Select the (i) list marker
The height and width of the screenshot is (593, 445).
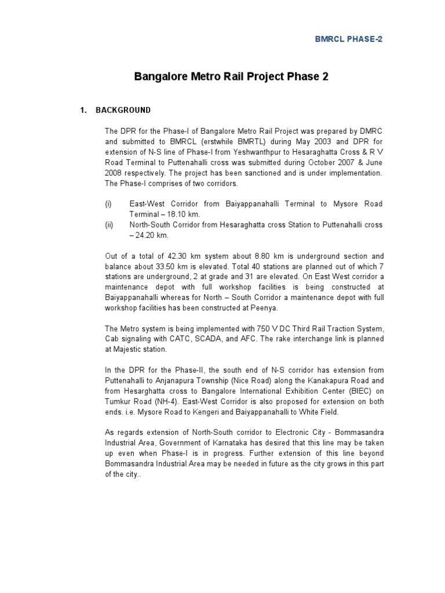pos(108,204)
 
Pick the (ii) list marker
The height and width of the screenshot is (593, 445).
pos(109,225)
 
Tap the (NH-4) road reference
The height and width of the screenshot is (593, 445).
pos(167,402)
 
